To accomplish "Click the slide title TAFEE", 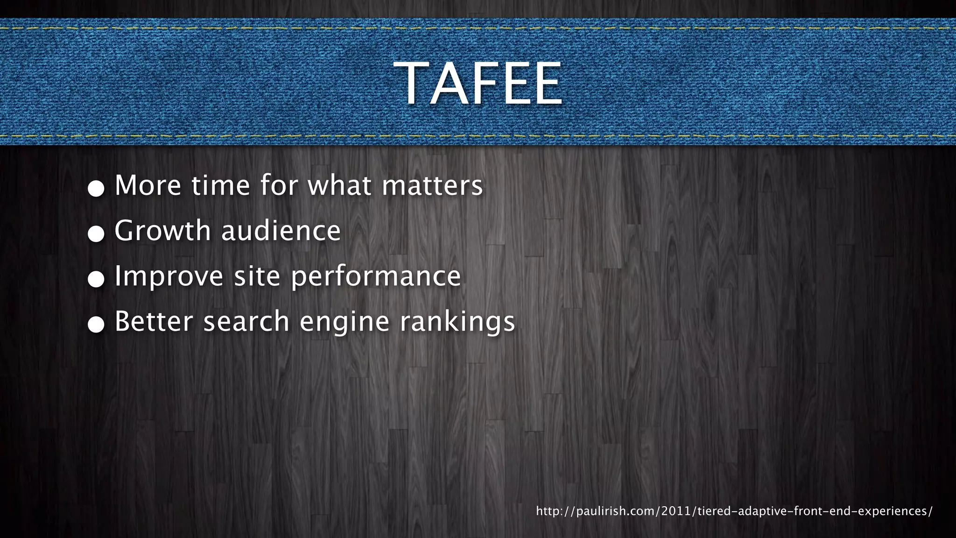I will [478, 84].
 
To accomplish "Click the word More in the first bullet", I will [148, 185].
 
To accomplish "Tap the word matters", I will [432, 185].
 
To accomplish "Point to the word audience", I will [281, 231].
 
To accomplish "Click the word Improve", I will [169, 276].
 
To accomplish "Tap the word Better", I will [154, 321].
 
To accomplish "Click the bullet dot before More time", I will [96, 188].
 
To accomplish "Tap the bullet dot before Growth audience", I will [96, 234].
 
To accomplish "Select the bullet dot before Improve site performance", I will [96, 279].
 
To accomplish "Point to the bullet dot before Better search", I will [96, 324].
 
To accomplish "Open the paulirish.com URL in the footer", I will [734, 511].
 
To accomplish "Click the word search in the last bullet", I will [246, 321].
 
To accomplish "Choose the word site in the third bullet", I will [257, 276].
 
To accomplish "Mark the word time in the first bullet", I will [221, 185].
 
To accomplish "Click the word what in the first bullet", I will [340, 185].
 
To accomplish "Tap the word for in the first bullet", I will [279, 185].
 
